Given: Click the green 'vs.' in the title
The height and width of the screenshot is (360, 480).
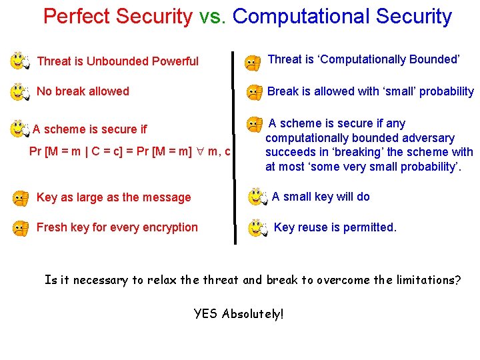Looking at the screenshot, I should pyautogui.click(x=213, y=17).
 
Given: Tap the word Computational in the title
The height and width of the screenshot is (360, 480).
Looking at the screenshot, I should pyautogui.click(x=299, y=17).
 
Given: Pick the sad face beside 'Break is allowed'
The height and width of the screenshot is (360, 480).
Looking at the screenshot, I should pyautogui.click(x=254, y=93).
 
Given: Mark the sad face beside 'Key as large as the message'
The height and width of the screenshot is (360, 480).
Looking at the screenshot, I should pyautogui.click(x=21, y=197).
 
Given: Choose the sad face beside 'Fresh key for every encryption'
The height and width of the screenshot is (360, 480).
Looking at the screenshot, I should pyautogui.click(x=21, y=228).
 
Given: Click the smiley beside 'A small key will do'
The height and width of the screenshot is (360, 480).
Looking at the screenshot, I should pyautogui.click(x=257, y=197).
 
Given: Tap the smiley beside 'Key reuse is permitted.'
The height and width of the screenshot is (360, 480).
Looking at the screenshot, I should pyautogui.click(x=258, y=228).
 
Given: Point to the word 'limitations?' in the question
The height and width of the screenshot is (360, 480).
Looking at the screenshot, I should pyautogui.click(x=429, y=280).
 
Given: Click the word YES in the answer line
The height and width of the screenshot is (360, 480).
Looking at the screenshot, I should pyautogui.click(x=205, y=313).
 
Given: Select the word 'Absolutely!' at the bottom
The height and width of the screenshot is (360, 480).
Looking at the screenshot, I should pyautogui.click(x=253, y=313).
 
